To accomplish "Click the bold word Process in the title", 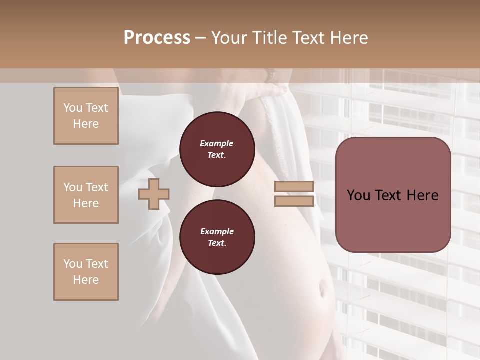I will click(157, 37).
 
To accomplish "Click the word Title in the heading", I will click(268, 37).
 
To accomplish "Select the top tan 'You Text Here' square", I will click(86, 116).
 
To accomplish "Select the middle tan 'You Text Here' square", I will click(86, 195).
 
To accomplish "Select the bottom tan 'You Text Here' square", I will click(86, 272).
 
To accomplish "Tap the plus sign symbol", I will click(154, 194).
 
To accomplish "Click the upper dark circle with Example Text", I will click(217, 149).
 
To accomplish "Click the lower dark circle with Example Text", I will click(217, 237).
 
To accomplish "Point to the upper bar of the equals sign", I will click(294, 187).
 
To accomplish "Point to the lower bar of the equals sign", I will click(294, 201).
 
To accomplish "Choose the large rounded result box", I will click(393, 195).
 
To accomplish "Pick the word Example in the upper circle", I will click(217, 143).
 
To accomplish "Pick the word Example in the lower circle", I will click(217, 231).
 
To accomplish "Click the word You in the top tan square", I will click(72, 108).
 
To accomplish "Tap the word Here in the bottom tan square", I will click(86, 280).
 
